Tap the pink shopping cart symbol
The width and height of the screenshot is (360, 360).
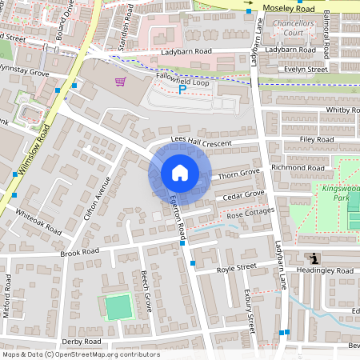(x=120, y=82)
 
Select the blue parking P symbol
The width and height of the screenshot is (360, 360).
(x=182, y=90)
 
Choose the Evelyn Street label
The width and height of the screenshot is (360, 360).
(x=306, y=70)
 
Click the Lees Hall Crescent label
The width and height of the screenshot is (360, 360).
(x=200, y=143)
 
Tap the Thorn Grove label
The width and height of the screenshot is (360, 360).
(x=239, y=173)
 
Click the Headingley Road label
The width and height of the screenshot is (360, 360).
(x=326, y=271)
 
